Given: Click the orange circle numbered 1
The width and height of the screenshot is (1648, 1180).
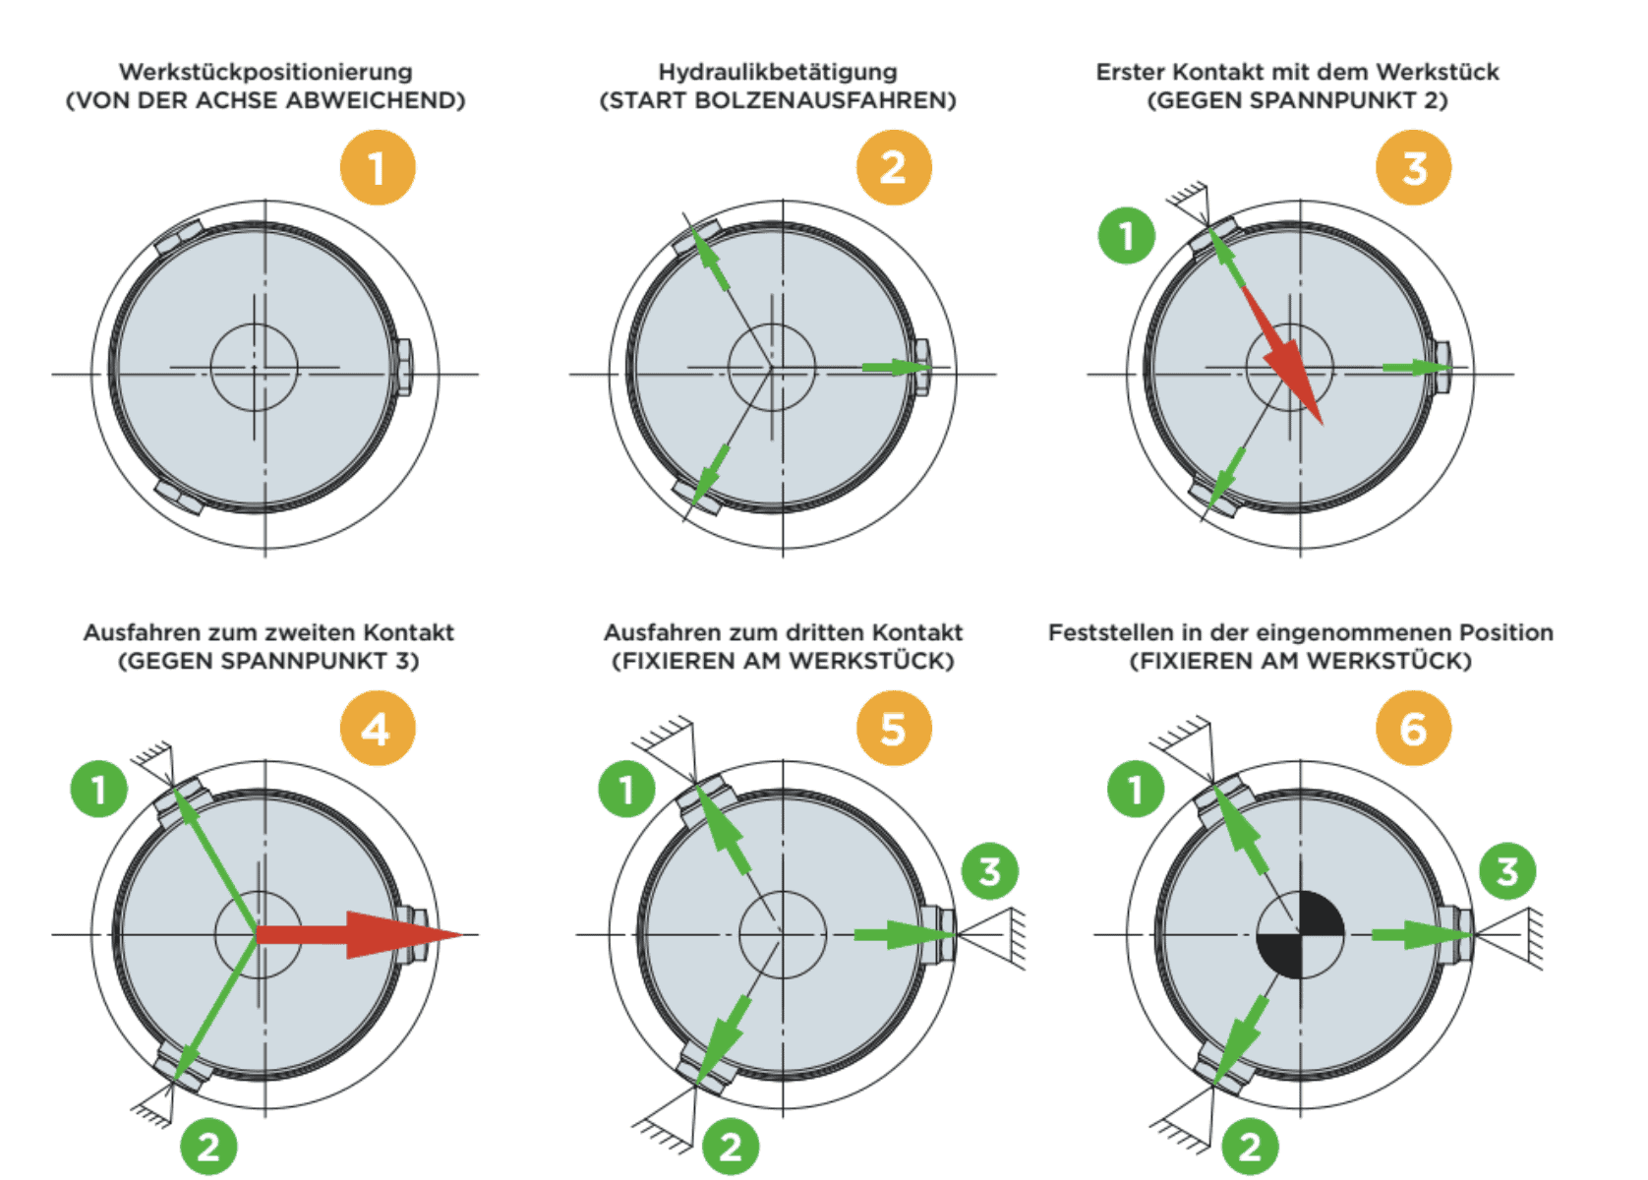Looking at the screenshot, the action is pyautogui.click(x=378, y=168).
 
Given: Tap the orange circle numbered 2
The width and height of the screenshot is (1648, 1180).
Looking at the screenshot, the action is pyautogui.click(x=894, y=168).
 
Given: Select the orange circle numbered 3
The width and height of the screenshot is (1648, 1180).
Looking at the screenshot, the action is pyautogui.click(x=1413, y=168).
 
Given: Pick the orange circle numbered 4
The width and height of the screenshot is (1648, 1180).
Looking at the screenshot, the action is pyautogui.click(x=378, y=729).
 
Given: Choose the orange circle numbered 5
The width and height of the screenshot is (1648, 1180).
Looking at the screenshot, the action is pyautogui.click(x=894, y=729).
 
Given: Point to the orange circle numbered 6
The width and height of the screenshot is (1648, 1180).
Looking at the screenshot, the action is pyautogui.click(x=1413, y=729).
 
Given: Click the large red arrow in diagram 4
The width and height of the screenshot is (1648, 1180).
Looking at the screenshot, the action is pyautogui.click(x=359, y=935).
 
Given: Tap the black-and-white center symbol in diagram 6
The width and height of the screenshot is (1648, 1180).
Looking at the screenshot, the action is pyautogui.click(x=1300, y=935).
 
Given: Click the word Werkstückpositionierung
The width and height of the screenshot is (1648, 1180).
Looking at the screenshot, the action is pyautogui.click(x=265, y=72).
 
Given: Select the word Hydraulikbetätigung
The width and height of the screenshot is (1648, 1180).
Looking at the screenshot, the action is pyautogui.click(x=778, y=72).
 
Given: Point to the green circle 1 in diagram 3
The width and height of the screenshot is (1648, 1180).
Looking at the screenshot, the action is pyautogui.click(x=1127, y=235).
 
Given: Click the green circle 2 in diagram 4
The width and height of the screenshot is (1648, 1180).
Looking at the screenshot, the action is pyautogui.click(x=208, y=1147).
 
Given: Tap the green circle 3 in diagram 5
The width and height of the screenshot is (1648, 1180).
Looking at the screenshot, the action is pyautogui.click(x=990, y=872).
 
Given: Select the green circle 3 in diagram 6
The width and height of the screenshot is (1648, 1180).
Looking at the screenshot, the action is pyautogui.click(x=1507, y=872).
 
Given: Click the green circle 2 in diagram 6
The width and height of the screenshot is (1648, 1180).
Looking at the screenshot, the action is pyautogui.click(x=1250, y=1147).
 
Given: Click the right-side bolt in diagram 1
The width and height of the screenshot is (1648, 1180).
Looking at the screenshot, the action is pyautogui.click(x=403, y=367).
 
